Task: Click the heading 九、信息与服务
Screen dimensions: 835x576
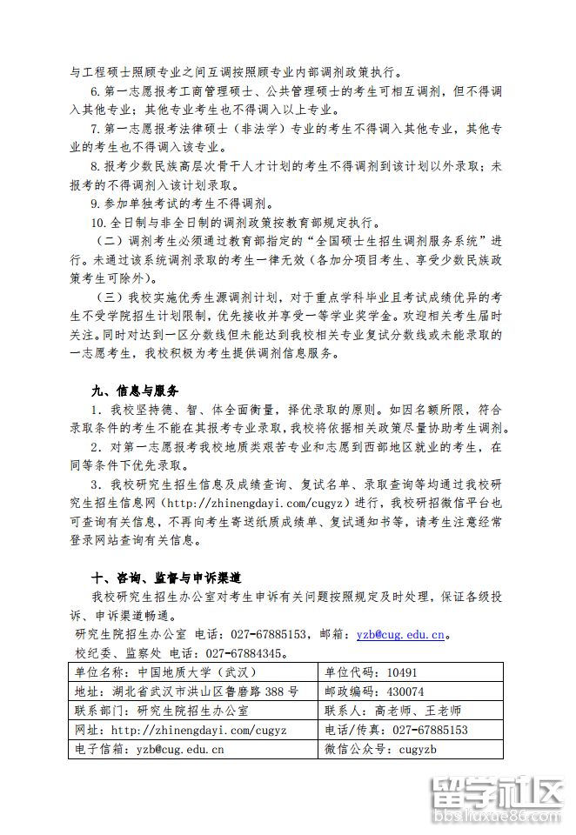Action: point(134,388)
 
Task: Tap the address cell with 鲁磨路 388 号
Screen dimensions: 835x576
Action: point(187,691)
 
